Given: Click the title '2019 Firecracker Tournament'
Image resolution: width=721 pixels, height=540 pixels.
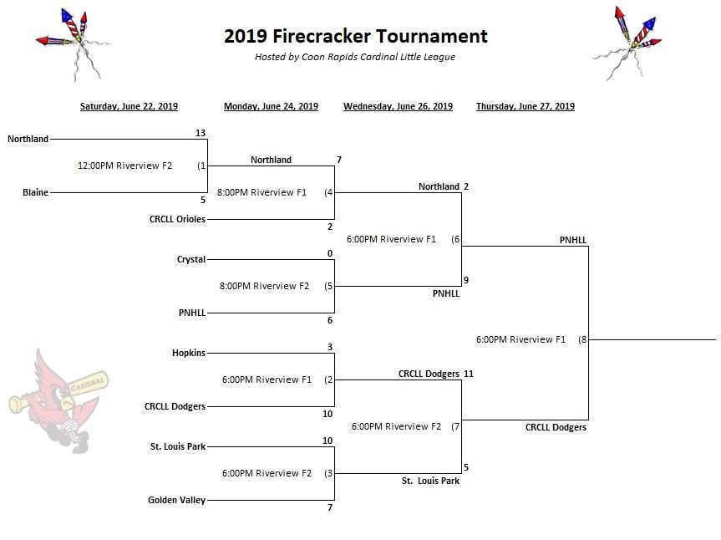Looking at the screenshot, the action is click(x=355, y=36).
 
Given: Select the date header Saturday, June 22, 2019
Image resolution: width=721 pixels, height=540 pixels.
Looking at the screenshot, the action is click(x=129, y=106).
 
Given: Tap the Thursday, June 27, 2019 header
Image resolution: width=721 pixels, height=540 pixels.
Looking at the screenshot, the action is click(x=526, y=106).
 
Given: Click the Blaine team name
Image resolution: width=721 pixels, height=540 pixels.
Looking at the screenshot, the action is click(x=35, y=192).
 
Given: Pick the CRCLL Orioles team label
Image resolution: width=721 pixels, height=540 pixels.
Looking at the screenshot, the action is click(x=177, y=219).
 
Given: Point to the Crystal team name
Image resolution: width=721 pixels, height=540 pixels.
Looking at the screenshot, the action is click(x=190, y=259).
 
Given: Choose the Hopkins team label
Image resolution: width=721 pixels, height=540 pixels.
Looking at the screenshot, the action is click(x=189, y=353).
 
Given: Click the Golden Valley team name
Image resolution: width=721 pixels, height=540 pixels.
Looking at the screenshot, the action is click(x=176, y=500).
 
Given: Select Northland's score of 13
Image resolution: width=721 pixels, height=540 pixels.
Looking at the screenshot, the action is click(x=200, y=133).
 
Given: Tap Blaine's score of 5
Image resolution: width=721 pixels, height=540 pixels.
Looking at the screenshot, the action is click(x=203, y=200).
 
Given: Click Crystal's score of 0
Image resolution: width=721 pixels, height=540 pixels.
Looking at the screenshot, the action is click(x=330, y=253).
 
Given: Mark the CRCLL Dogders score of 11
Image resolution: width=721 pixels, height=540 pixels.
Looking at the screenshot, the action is click(x=468, y=374).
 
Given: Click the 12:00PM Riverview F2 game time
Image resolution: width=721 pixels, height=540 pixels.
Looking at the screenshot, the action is click(x=124, y=166).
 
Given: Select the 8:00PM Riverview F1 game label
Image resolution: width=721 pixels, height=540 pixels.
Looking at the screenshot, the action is click(x=261, y=192).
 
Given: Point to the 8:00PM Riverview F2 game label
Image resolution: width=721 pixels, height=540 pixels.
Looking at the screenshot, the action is click(x=264, y=286).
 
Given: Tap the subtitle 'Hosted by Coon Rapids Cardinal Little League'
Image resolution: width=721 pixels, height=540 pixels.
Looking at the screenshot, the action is click(x=355, y=57).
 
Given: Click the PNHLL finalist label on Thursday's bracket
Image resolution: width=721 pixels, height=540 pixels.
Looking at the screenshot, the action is click(x=573, y=240).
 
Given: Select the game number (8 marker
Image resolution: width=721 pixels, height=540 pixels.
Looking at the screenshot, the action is click(x=582, y=339).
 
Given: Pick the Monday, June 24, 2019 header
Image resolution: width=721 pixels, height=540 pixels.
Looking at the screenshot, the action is click(x=271, y=106).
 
